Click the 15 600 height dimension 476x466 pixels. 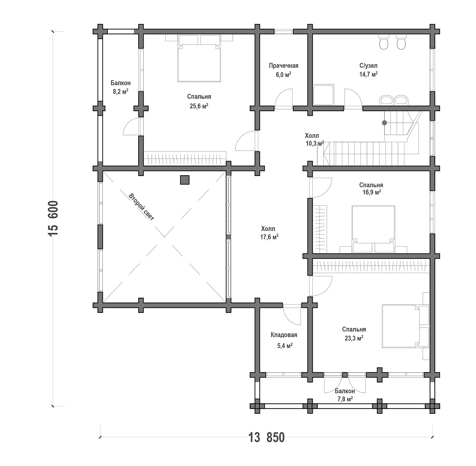click(53, 218)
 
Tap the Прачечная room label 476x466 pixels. click(284, 66)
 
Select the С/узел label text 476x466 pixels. click(369, 65)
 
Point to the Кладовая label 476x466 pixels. click(284, 334)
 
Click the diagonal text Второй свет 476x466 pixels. click(141, 207)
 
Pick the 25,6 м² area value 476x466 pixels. click(199, 106)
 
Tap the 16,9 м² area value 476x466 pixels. click(371, 192)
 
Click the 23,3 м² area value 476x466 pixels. click(354, 338)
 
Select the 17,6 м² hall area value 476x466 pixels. click(269, 237)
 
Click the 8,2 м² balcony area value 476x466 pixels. click(121, 92)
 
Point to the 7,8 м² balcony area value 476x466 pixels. click(345, 399)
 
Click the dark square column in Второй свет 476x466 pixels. click(185, 180)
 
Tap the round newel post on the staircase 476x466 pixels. click(385, 123)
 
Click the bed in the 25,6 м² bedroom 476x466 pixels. click(199, 58)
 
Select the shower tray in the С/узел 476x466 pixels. click(324, 95)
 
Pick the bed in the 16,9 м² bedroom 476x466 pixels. click(373, 229)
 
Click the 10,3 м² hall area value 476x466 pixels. click(315, 143)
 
